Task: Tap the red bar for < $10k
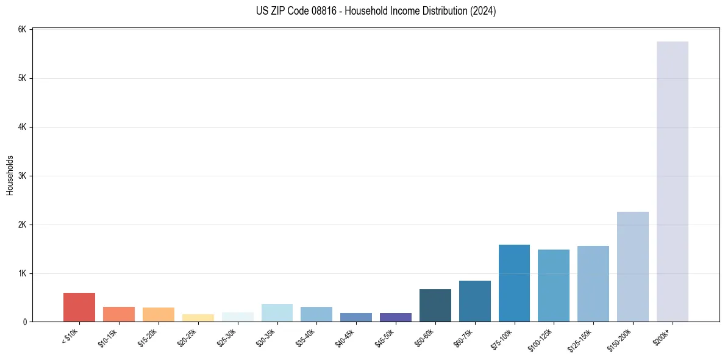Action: click(x=79, y=308)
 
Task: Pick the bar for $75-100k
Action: click(x=514, y=283)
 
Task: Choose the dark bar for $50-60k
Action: click(x=435, y=306)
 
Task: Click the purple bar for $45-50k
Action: click(x=395, y=317)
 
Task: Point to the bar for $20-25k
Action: click(x=198, y=318)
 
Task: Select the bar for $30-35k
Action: click(x=277, y=313)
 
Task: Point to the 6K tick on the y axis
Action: click(x=22, y=30)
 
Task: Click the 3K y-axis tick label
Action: click(x=22, y=176)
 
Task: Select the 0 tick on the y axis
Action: click(x=24, y=322)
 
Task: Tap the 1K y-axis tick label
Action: click(x=22, y=273)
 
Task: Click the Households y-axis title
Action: click(x=10, y=175)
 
